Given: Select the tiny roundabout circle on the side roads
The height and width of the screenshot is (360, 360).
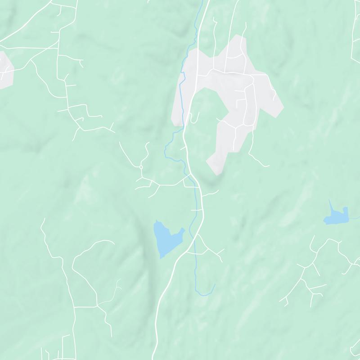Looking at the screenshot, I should coord(141,167).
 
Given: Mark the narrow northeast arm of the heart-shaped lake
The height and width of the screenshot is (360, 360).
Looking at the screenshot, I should coord(182,231).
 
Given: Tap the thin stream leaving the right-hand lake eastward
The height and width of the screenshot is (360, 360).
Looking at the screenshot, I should coord(355,218).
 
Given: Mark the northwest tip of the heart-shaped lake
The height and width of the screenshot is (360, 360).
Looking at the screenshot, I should coord(156,221).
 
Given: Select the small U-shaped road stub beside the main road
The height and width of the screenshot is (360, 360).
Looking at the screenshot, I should coord(195,118).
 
